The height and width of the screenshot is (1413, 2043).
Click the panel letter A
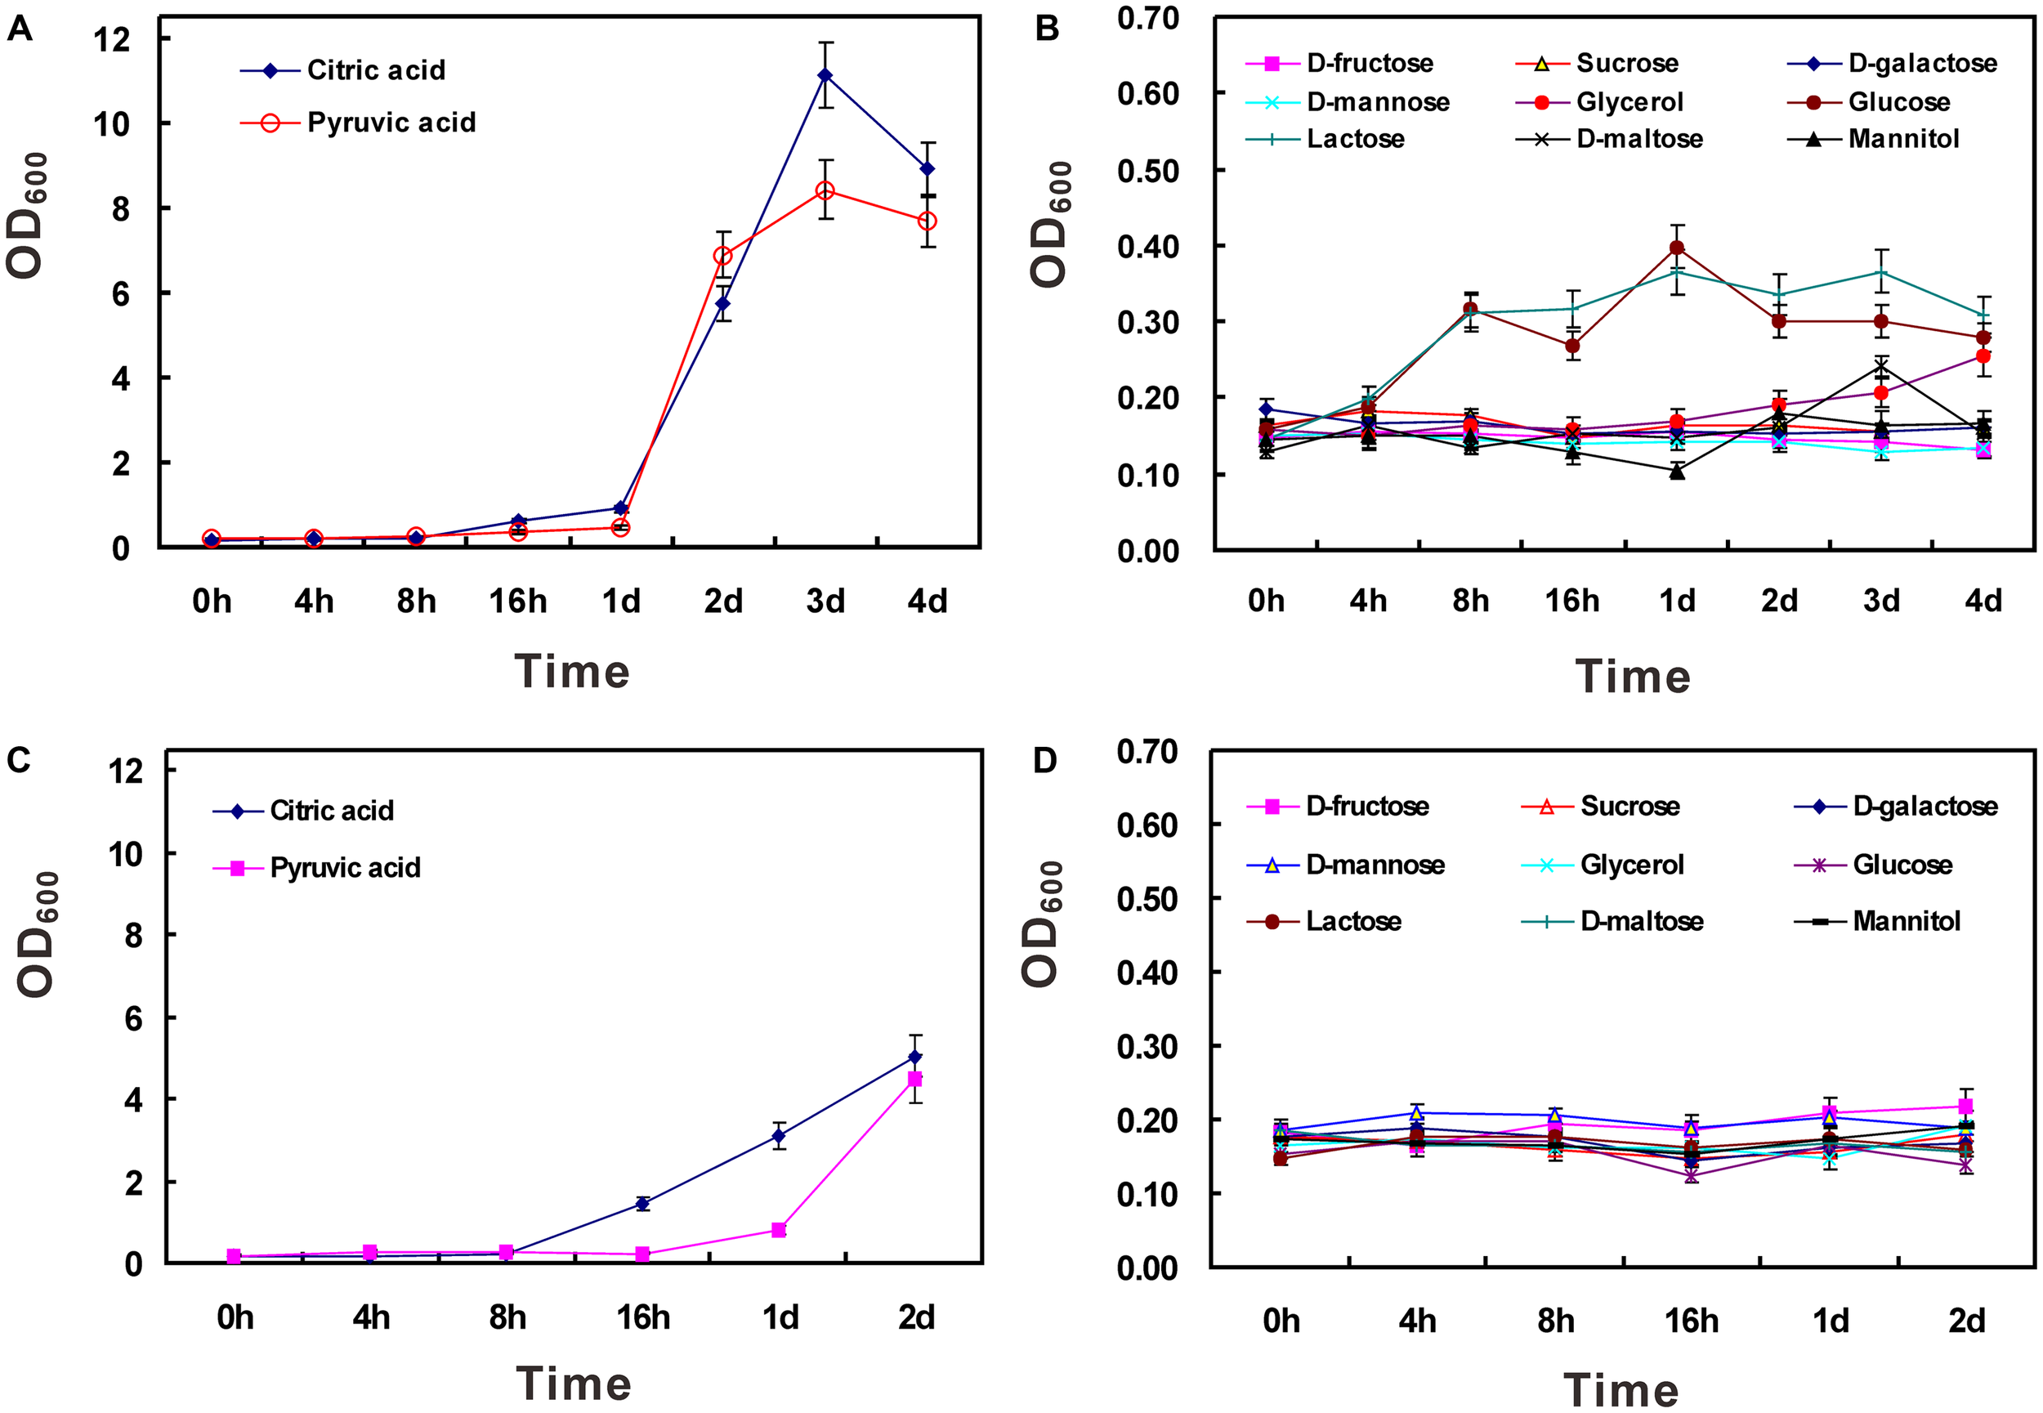click(20, 29)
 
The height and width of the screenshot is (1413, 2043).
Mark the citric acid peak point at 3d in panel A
click(825, 75)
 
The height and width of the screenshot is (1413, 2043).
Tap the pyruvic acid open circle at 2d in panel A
click(723, 256)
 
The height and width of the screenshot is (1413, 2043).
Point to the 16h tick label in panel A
click(518, 602)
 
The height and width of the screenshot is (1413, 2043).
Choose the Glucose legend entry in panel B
click(1898, 102)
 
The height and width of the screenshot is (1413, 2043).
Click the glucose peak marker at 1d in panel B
click(1677, 248)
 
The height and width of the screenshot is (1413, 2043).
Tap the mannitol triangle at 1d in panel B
click(1677, 472)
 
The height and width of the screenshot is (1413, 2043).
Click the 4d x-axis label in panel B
click(1983, 601)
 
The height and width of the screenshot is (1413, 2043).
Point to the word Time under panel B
click(1632, 677)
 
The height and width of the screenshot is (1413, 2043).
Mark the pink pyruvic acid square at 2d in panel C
click(915, 1080)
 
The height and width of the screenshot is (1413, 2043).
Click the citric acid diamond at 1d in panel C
click(779, 1136)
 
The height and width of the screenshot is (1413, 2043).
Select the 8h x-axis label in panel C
click(507, 1318)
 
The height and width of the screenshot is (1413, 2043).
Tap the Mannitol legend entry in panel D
click(1906, 922)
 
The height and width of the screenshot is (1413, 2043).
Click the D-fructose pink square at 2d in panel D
click(1966, 1107)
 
